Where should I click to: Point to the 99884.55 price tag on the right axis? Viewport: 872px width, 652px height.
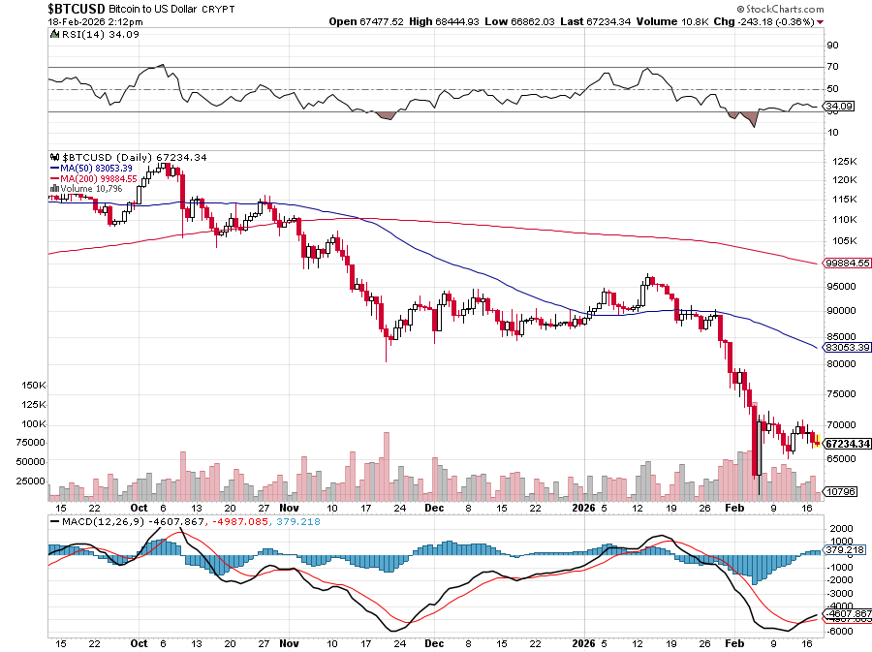[x=845, y=264]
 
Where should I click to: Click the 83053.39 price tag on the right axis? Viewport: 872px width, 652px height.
[x=845, y=346]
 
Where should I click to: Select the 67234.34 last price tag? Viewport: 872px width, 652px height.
[x=846, y=443]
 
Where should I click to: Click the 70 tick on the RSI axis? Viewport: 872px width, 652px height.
[x=831, y=67]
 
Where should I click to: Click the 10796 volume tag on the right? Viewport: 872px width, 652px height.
[x=838, y=492]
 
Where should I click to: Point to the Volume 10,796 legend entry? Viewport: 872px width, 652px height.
[x=91, y=188]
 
